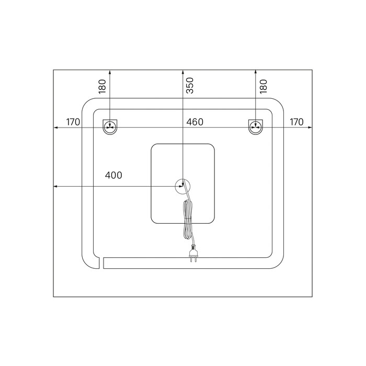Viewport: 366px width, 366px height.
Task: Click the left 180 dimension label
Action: [102, 86]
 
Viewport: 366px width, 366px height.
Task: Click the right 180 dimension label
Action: [263, 86]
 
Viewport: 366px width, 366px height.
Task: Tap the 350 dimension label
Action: [190, 85]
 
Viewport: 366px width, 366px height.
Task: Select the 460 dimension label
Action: [195, 122]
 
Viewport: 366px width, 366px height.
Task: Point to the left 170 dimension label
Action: [73, 122]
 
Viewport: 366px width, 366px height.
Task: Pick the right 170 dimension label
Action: [296, 122]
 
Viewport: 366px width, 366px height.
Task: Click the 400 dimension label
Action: [113, 175]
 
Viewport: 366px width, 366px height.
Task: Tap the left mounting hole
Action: [110, 127]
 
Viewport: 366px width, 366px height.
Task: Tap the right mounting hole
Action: [256, 127]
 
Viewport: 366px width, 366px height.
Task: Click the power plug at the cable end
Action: [193, 253]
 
